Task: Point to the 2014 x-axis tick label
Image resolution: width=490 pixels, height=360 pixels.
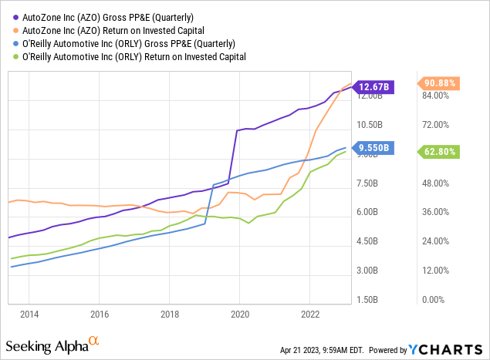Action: tap(29, 315)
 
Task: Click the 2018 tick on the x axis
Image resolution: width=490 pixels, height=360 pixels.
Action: tap(169, 315)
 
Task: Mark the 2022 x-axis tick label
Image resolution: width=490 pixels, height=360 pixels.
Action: tap(309, 315)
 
